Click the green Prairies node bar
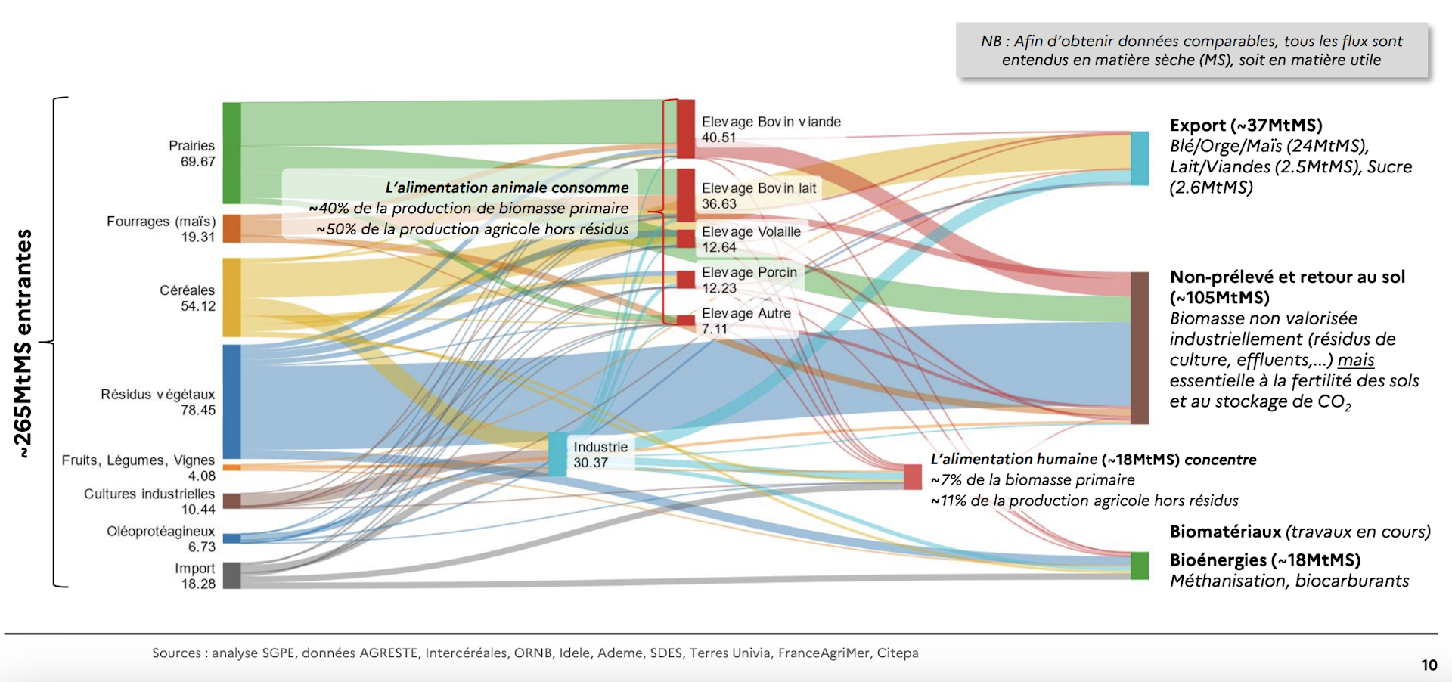[231, 153]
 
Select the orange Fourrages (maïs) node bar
[231, 228]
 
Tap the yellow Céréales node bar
[231, 297]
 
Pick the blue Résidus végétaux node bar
[231, 401]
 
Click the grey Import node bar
[231, 575]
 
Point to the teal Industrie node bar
[557, 454]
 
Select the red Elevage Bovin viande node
[686, 129]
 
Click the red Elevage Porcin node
[686, 280]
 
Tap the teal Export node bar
[1140, 158]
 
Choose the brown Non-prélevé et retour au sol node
[1140, 348]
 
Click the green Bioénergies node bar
[1140, 566]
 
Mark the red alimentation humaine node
[913, 477]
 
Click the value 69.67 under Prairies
[197, 162]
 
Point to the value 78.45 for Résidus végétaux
[197, 411]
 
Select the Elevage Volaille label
[751, 232]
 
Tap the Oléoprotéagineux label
[160, 532]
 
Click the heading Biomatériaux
[1225, 532]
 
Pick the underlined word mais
[1356, 360]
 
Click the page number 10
[1429, 665]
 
